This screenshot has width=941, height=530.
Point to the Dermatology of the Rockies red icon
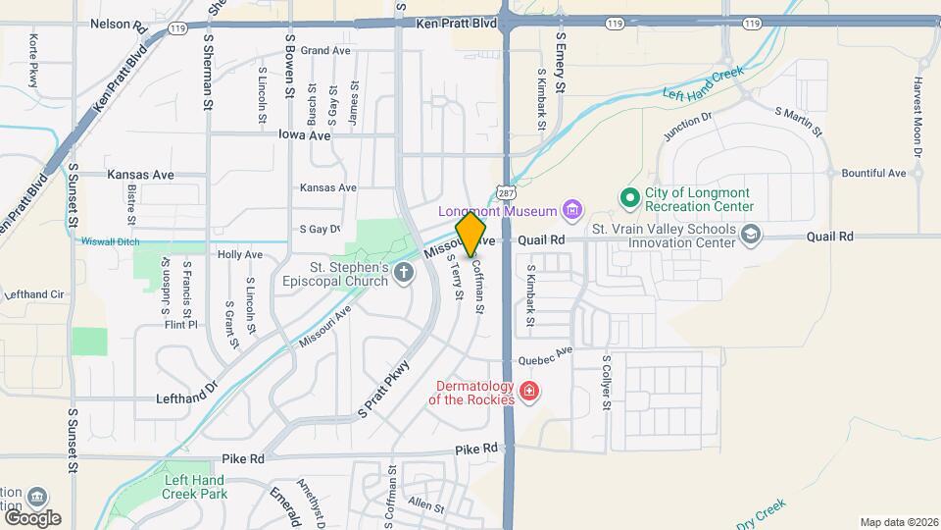[x=529, y=392]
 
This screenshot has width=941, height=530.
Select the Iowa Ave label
[x=304, y=135]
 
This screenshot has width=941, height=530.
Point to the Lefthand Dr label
[x=185, y=399]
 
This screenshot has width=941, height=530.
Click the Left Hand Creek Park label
[x=195, y=487]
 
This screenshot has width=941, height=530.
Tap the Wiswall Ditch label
[x=111, y=241]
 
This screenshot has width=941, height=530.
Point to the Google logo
[x=32, y=517]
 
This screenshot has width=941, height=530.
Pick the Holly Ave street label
[x=240, y=254]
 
